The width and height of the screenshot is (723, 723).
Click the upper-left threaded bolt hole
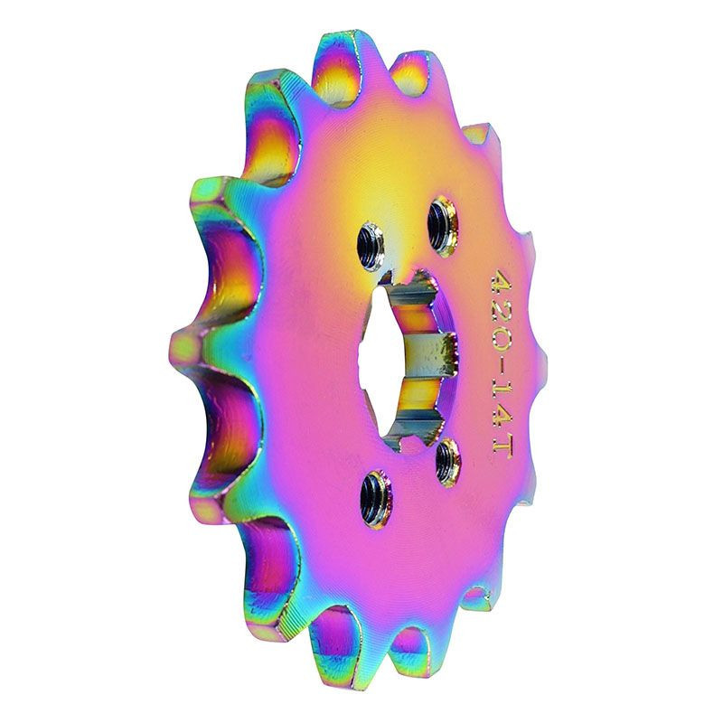tap(371, 244)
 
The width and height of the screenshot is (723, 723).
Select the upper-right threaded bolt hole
tap(443, 221)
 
